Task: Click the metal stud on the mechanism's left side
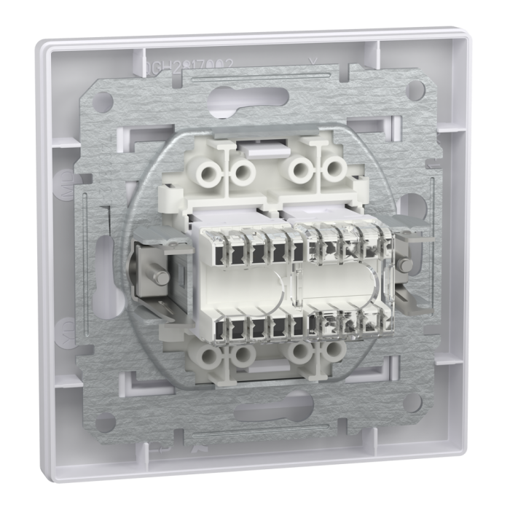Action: [x=157, y=278]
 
